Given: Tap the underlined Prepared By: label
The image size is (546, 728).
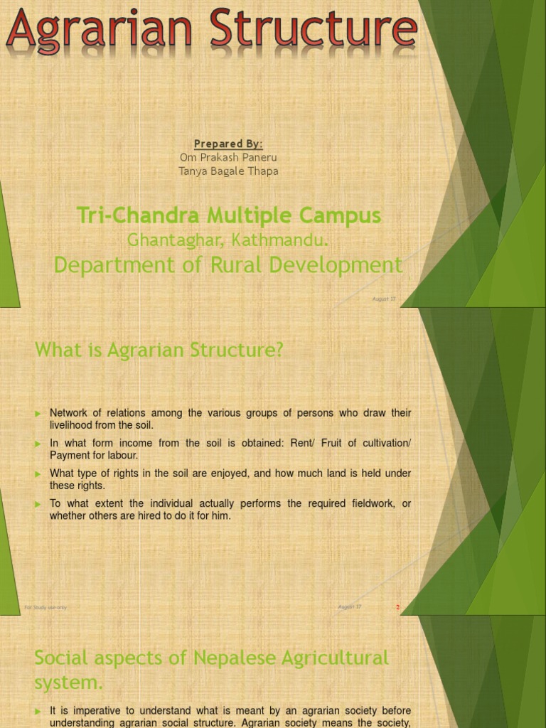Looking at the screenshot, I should click(x=228, y=144).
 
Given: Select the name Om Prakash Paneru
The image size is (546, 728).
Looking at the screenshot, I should click(x=228, y=157).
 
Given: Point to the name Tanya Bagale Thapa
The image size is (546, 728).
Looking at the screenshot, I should click(x=228, y=171).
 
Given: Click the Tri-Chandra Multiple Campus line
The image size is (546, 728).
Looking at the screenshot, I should click(x=228, y=215).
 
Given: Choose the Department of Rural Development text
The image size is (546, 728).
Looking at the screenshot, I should click(x=228, y=264).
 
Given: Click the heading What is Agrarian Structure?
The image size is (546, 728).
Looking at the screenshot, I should click(x=159, y=350).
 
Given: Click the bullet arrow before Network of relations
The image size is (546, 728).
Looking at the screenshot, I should click(x=38, y=413).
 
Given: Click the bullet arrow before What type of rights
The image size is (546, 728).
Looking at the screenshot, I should click(x=38, y=473).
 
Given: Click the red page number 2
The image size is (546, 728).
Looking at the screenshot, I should click(x=398, y=607).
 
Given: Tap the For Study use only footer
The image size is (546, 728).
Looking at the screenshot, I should click(x=45, y=607).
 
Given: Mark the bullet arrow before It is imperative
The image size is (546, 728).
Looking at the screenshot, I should click(x=38, y=711).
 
